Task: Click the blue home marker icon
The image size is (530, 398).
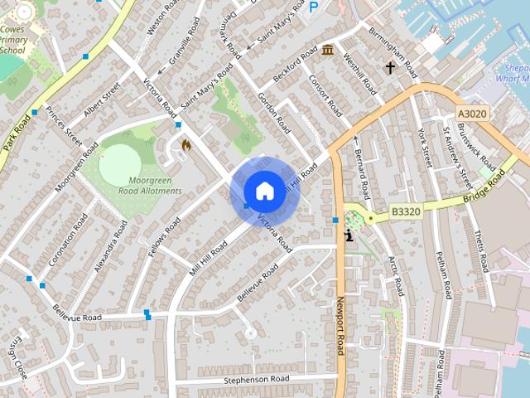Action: (x=264, y=191)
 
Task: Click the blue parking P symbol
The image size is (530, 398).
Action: (x=313, y=7)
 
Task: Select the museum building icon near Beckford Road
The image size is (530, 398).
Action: (x=328, y=50)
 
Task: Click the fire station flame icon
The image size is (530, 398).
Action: (x=185, y=145)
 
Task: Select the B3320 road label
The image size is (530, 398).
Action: (x=406, y=211)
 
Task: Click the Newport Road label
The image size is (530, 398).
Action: (x=340, y=328)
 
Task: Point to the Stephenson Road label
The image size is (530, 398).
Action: (x=257, y=379)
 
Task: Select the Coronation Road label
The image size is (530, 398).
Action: (x=68, y=239)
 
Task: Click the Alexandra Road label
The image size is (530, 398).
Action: (x=111, y=246)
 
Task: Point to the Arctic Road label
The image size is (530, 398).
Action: (x=395, y=275)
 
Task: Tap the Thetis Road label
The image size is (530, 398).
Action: (x=479, y=245)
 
